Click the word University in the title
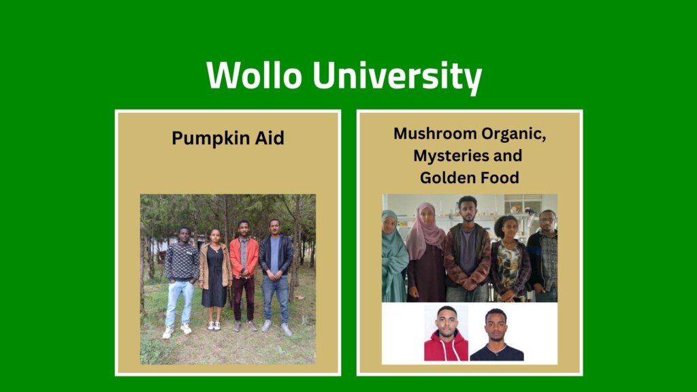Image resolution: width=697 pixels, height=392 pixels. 395,76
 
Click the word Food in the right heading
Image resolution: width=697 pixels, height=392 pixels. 501,178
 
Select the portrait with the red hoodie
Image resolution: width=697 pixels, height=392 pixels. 446,333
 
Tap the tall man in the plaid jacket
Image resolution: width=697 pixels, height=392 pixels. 467,252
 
